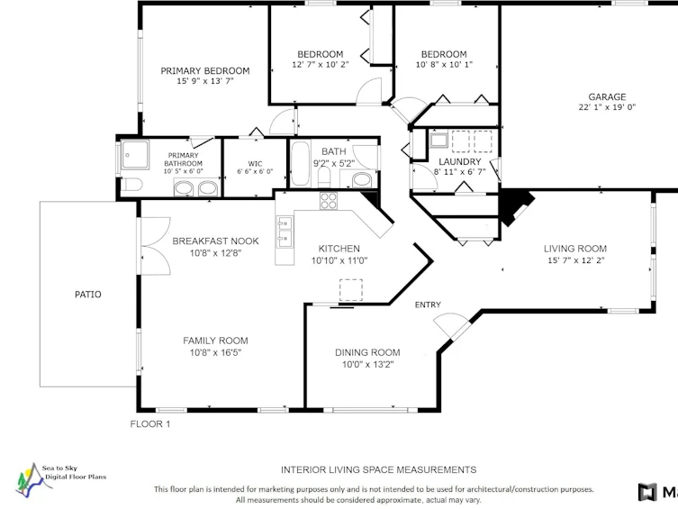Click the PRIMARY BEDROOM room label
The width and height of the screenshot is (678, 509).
(205, 71)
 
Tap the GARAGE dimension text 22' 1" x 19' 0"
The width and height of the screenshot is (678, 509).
(607, 107)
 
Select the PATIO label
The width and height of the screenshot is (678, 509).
(87, 295)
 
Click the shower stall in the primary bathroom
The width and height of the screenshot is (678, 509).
(135, 154)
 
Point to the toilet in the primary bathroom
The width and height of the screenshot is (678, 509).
(131, 185)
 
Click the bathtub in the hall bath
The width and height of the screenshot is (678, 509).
(300, 163)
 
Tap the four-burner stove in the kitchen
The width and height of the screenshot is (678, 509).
(329, 201)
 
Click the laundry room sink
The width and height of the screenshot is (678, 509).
(438, 140)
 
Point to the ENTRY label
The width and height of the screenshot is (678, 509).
(428, 304)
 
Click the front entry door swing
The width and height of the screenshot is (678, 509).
(452, 325)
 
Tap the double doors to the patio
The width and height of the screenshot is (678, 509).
(156, 246)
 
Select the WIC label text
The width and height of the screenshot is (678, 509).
(255, 164)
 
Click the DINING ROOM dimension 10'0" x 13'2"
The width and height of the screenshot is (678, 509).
(367, 365)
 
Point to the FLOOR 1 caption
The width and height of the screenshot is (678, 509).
(150, 424)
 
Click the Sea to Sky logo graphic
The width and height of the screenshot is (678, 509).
(33, 479)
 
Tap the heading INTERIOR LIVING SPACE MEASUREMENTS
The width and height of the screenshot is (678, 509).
(379, 469)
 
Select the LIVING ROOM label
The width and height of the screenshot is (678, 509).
(575, 249)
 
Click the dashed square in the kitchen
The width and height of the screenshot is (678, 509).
(350, 290)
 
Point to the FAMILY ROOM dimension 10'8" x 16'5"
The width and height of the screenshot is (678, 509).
(215, 352)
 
